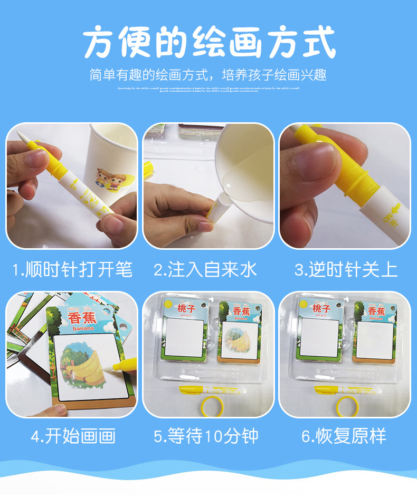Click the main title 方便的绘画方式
(x=209, y=43)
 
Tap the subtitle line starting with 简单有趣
(x=209, y=74)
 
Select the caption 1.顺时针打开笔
(x=72, y=270)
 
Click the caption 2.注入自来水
(x=205, y=270)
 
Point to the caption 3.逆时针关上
(x=346, y=270)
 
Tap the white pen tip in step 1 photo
(x=21, y=136)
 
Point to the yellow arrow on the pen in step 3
(x=395, y=208)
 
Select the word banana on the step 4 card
(x=81, y=328)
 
